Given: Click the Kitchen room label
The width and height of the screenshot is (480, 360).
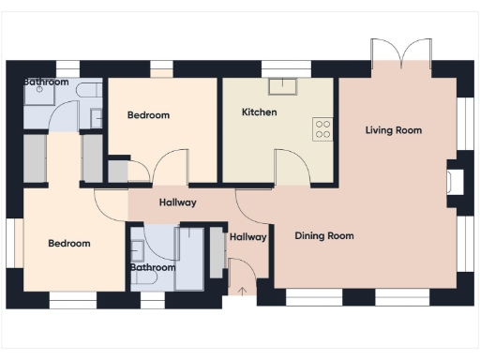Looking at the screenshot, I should click(x=260, y=112).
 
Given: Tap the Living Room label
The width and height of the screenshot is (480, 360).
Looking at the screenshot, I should click(x=394, y=130).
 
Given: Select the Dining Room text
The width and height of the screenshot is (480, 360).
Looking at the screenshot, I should click(x=324, y=236).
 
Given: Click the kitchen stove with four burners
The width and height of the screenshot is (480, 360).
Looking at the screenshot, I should click(x=322, y=128).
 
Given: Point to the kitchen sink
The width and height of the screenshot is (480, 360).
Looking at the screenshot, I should click(x=281, y=87).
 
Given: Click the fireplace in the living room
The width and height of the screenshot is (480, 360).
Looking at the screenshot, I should click(x=454, y=180).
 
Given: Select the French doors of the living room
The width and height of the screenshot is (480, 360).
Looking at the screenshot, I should click(x=401, y=53).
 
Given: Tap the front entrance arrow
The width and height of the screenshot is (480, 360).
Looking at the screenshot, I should click(x=242, y=289).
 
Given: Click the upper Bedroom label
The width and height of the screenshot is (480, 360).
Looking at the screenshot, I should click(x=148, y=115).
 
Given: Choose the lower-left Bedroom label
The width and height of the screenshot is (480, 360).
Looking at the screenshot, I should click(x=69, y=244).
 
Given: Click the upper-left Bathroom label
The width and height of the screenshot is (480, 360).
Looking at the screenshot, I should click(x=46, y=82).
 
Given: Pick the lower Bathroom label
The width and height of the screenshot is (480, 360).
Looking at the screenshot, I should click(x=152, y=268).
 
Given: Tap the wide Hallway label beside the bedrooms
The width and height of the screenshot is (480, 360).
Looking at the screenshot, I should click(x=177, y=202).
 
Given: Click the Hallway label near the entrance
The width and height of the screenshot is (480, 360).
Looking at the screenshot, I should click(x=248, y=237).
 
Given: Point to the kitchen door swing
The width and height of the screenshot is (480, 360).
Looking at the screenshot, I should click(x=292, y=167).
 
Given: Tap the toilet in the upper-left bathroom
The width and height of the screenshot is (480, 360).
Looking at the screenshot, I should click(x=88, y=91).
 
